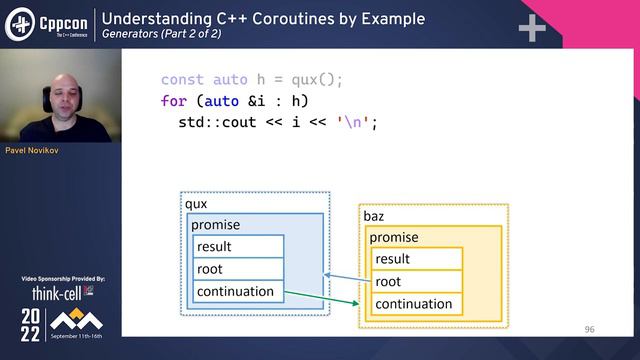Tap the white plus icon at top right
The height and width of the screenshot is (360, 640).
(x=531, y=28)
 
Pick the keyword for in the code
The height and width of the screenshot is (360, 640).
(x=174, y=101)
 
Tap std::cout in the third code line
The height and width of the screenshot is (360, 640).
(x=219, y=123)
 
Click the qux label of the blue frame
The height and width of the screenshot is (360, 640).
(x=196, y=204)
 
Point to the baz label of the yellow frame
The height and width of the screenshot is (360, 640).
(x=374, y=216)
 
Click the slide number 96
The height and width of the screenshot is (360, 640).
(x=589, y=329)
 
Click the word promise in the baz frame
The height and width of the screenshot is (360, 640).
(x=394, y=238)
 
